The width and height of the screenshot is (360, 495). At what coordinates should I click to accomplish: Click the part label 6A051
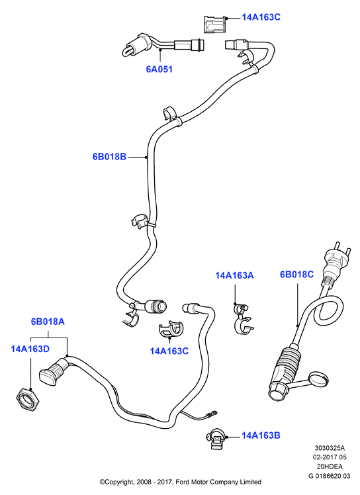click(x=159, y=69)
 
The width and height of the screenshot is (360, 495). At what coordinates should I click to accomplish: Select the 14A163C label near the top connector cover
click(x=261, y=17)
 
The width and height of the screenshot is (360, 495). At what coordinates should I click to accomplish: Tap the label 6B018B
click(x=109, y=157)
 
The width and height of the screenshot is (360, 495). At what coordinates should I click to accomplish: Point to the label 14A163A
click(x=234, y=275)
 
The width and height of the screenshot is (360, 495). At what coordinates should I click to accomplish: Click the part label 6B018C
click(x=297, y=275)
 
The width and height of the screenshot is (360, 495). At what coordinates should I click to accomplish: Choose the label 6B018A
click(x=48, y=322)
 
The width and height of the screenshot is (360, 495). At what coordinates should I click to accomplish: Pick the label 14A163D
click(x=30, y=349)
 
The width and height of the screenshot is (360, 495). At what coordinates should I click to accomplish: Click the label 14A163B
click(x=261, y=435)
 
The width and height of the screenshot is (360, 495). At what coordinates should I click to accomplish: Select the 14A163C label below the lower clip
click(x=169, y=351)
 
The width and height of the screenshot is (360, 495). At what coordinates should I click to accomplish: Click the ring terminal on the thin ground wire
click(x=214, y=412)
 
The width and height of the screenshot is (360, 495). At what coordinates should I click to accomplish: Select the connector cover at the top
click(x=214, y=24)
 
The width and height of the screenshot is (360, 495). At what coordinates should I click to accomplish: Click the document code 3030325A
click(x=330, y=447)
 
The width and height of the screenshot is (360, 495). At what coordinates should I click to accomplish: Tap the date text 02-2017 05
click(x=330, y=457)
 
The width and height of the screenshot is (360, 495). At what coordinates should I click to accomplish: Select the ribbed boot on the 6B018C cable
click(x=288, y=360)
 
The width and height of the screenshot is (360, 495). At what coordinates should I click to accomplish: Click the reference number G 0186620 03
click(x=330, y=476)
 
